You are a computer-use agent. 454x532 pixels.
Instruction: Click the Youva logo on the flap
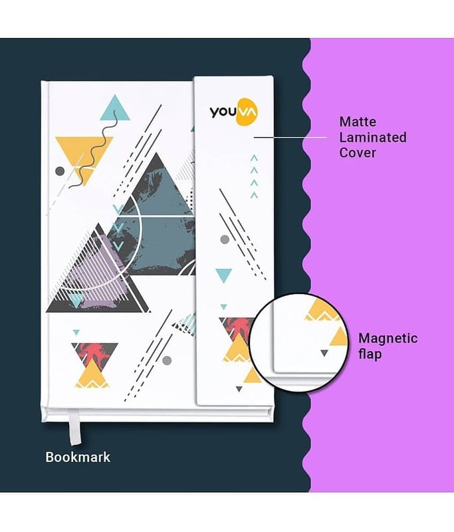[233, 112]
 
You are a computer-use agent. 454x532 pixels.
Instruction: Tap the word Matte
[358, 122]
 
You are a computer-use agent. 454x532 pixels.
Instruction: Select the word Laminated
[373, 138]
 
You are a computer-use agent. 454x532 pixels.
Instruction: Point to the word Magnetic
[388, 338]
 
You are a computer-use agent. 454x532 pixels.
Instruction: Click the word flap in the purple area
[370, 354]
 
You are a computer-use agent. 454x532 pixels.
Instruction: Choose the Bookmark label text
[78, 457]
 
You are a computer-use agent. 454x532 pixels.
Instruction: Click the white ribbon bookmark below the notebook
[74, 426]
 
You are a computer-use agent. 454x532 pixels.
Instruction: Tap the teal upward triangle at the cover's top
[115, 108]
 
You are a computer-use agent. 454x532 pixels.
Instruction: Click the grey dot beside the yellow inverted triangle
[60, 171]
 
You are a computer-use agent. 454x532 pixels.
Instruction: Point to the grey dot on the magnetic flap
[225, 239]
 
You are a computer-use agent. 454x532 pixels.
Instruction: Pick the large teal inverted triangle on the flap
[224, 275]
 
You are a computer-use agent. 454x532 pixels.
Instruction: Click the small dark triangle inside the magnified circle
[324, 353]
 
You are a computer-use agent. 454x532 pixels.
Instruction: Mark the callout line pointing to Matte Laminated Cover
[290, 138]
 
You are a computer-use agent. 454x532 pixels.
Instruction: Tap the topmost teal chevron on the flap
[254, 158]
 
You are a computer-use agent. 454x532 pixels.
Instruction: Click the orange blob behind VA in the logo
[247, 112]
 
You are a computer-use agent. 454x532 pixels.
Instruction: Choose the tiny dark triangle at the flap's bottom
[239, 389]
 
